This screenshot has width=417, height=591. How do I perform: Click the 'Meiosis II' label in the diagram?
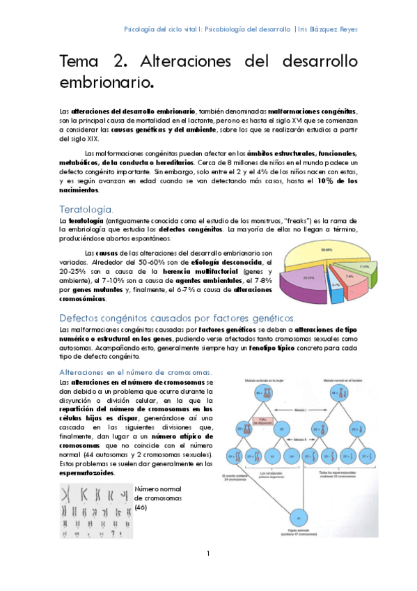coord(297,439)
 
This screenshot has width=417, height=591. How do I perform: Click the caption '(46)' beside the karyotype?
coord(142,507)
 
